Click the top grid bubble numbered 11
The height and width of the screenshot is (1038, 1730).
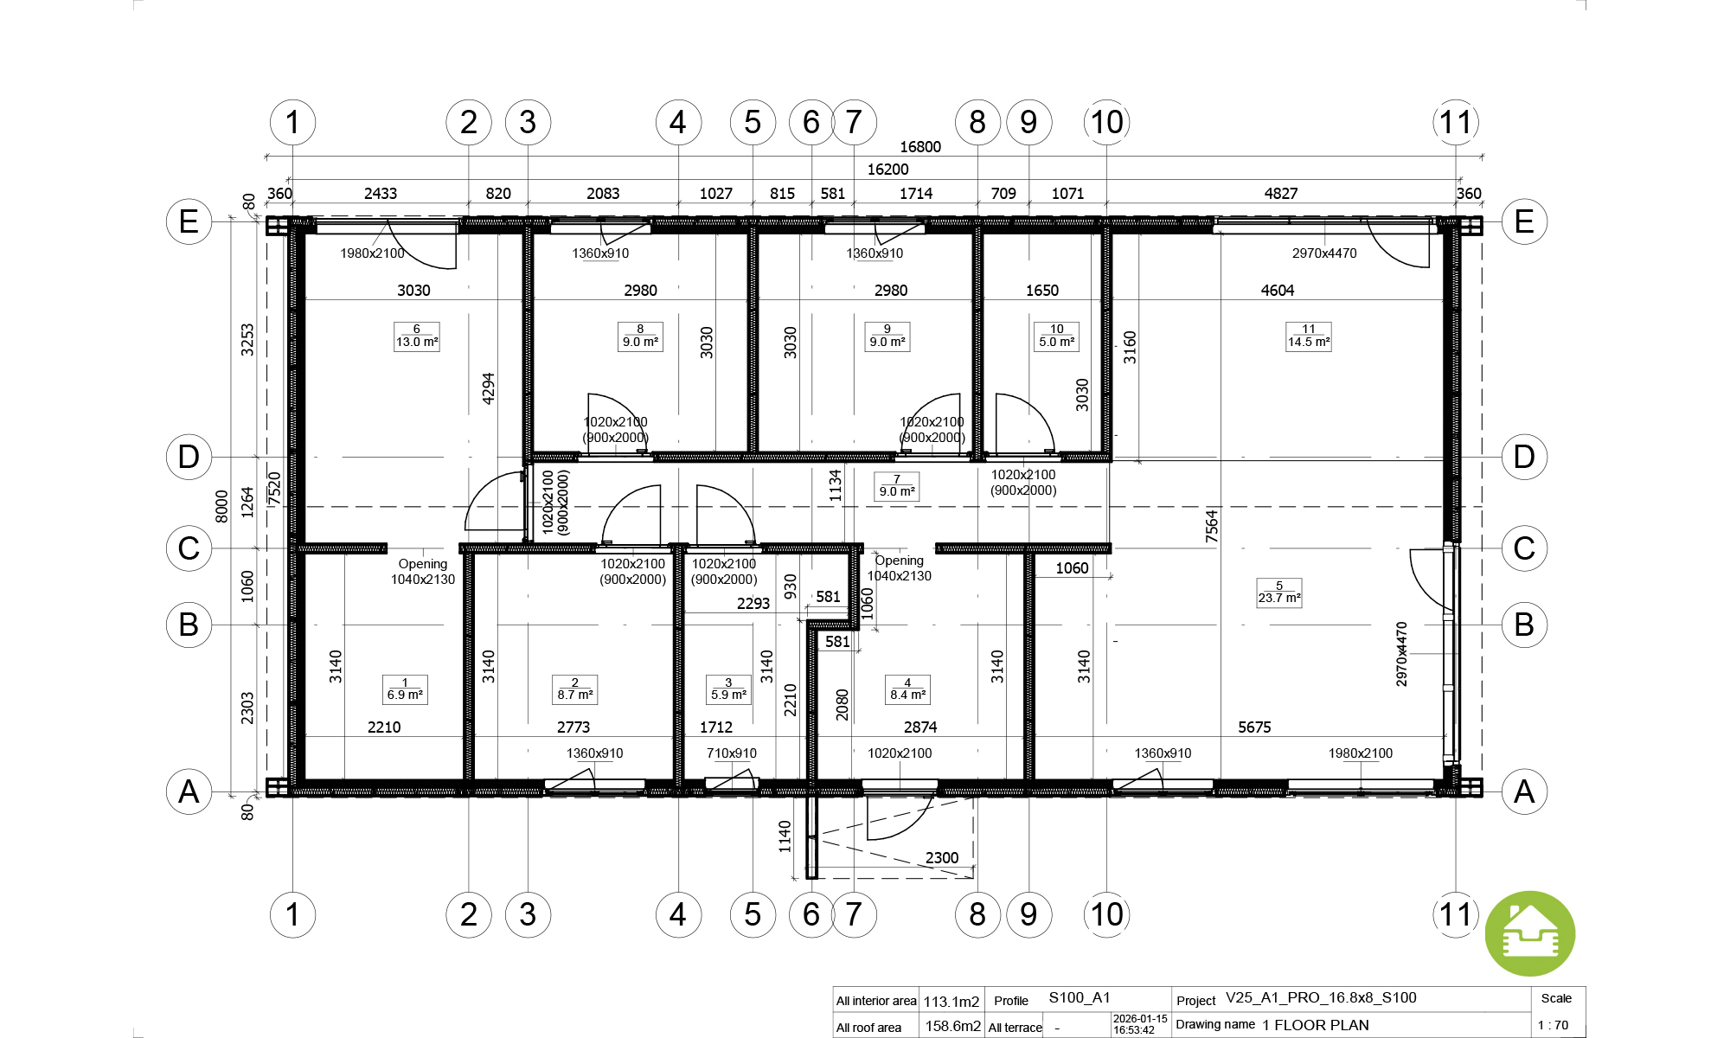(1456, 122)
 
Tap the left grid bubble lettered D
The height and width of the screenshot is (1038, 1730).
(189, 457)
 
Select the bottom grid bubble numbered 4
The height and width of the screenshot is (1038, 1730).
(678, 914)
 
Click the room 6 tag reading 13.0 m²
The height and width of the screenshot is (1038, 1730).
(417, 336)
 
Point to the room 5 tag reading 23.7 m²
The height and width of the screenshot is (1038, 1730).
(1279, 593)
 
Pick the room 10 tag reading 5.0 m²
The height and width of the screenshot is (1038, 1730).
(1057, 336)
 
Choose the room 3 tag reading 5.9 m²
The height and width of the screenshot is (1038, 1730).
(728, 689)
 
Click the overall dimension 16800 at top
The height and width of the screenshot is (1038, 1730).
(920, 147)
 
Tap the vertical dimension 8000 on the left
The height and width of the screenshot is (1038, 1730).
(221, 506)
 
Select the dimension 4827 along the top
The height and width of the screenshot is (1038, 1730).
(1281, 194)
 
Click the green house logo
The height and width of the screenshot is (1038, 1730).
(1530, 934)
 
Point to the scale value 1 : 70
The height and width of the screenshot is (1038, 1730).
(1553, 1026)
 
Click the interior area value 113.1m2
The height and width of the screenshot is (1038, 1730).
(951, 1002)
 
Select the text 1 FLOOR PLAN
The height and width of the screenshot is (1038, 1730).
(1316, 1025)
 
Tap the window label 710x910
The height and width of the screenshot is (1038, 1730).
(732, 753)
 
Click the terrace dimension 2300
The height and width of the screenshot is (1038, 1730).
(942, 858)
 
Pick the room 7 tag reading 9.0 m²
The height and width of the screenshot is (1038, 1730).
(897, 486)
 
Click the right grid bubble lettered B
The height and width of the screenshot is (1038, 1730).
(1524, 625)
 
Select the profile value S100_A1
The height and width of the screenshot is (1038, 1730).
(1080, 998)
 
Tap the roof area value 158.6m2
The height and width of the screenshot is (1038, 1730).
(953, 1027)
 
